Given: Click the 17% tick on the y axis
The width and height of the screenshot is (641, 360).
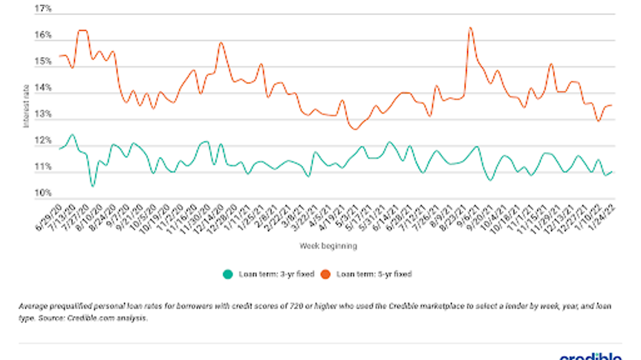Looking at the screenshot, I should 43,10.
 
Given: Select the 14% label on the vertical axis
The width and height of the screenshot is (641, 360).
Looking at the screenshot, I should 43,89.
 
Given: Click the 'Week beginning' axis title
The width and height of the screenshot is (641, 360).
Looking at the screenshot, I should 328,245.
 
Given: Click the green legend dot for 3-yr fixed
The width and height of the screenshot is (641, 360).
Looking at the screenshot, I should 228,274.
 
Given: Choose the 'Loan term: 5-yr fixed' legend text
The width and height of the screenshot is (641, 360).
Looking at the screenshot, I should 374,274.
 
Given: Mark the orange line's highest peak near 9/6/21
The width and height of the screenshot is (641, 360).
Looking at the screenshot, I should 470,28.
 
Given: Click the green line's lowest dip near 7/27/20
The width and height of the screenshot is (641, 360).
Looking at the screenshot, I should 93,186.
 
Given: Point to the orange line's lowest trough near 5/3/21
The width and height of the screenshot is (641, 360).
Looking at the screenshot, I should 355,129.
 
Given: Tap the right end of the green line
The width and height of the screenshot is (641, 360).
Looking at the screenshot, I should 612,172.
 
